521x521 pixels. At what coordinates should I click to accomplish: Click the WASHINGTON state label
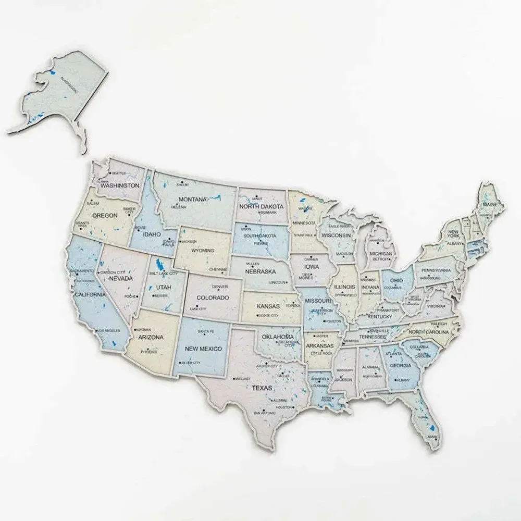point(120,185)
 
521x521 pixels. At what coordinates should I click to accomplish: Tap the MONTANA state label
point(193,200)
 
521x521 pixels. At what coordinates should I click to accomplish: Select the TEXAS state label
point(262,388)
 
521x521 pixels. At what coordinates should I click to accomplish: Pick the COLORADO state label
point(213,297)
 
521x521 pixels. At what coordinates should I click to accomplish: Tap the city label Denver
point(219,287)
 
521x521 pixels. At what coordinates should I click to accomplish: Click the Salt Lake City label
point(163,273)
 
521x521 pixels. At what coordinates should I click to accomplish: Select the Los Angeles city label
point(109,331)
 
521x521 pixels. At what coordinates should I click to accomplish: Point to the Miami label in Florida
point(432,437)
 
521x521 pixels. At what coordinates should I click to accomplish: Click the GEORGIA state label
point(400,366)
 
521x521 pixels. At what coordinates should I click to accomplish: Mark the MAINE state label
point(490,205)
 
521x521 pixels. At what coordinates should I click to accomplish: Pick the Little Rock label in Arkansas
point(318,353)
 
